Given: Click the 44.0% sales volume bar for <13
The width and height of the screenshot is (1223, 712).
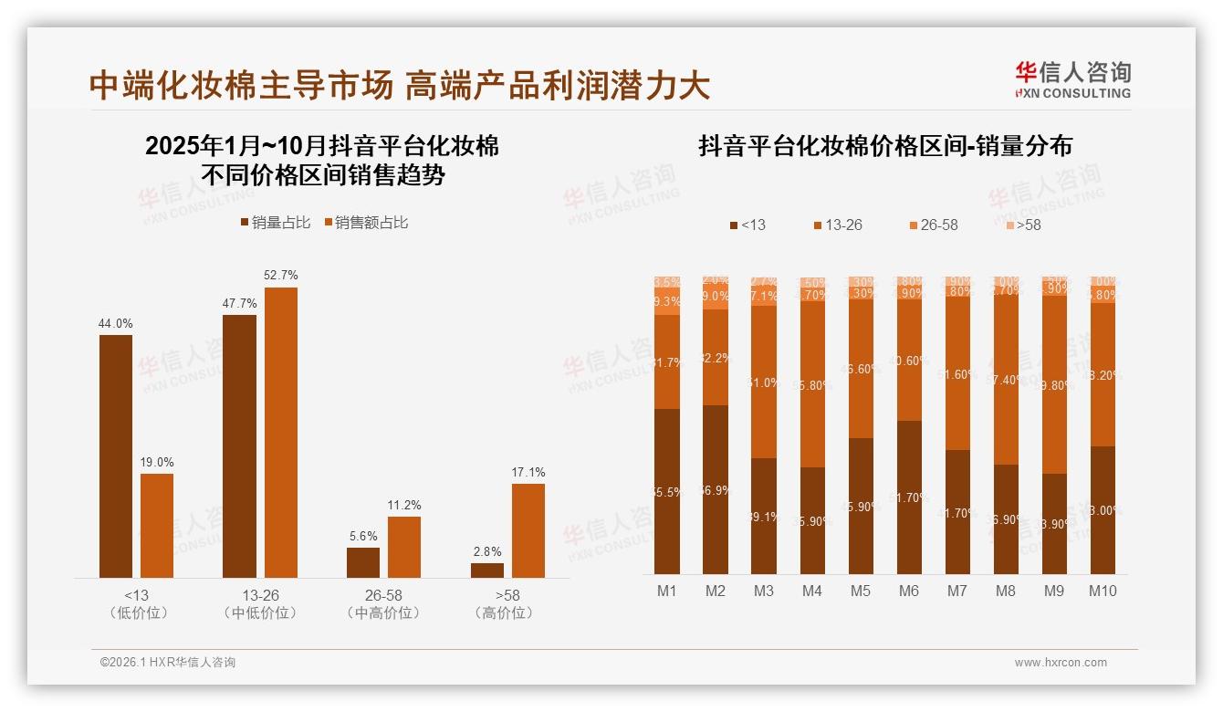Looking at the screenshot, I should [116, 455].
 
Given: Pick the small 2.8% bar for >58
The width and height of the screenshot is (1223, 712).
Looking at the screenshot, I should [486, 570].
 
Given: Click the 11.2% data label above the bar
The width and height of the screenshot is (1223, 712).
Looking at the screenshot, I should [403, 505].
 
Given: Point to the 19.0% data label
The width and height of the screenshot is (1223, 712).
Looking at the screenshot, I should [157, 462].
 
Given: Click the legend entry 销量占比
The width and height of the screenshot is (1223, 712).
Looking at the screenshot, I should [275, 222].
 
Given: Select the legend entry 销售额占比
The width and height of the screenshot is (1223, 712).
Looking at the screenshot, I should [365, 222].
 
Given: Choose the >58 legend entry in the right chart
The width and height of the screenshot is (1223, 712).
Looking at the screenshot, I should [1022, 225].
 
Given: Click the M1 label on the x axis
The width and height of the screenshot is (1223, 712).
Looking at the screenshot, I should [667, 591].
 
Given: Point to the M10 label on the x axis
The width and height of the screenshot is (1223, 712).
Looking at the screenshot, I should [1103, 591].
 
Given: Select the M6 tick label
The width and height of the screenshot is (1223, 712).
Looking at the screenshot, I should [908, 591].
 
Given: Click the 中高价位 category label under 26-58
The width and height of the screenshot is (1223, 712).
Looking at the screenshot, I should [383, 613].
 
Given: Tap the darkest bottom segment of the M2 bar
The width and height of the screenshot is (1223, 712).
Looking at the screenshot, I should [716, 489].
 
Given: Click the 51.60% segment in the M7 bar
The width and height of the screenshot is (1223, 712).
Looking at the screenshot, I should [956, 374].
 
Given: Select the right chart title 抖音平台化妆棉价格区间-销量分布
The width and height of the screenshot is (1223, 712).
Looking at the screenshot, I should [884, 146].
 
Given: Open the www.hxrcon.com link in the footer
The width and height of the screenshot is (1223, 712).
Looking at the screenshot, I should [1061, 663].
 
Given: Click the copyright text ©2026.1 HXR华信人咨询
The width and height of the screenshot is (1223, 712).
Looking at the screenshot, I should [167, 663].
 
